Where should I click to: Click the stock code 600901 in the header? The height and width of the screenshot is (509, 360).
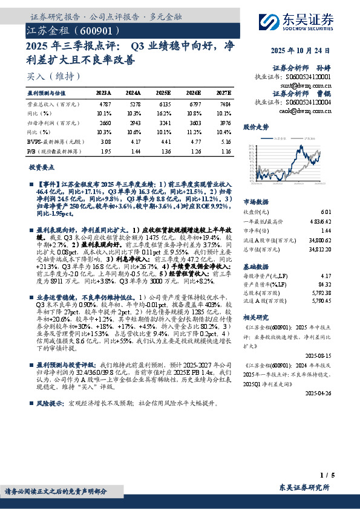94,30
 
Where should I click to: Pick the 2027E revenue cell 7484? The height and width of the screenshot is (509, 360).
222,104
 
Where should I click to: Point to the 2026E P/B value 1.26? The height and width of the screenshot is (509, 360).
193,151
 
